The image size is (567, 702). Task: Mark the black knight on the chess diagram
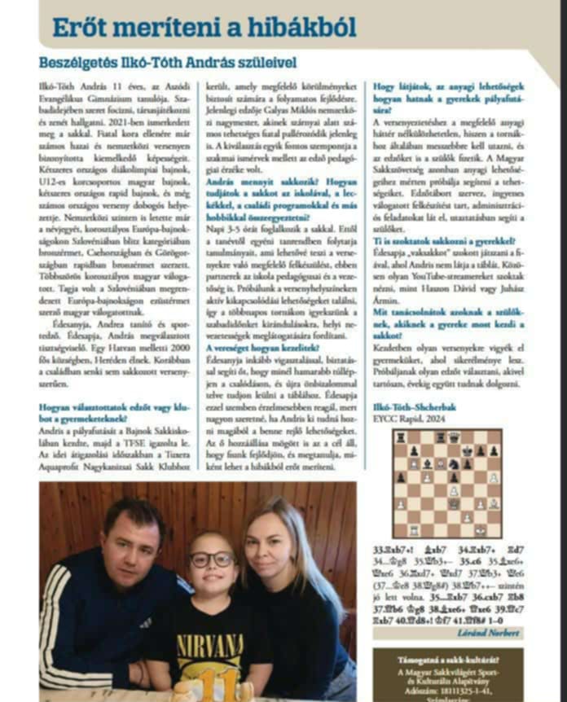[x=454, y=465]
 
